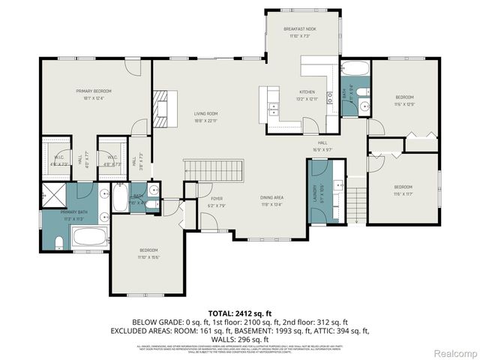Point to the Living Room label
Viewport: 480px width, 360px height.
pos(205,116)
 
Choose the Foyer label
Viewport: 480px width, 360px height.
pos(205,201)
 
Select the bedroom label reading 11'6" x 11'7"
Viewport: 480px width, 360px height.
pos(403,190)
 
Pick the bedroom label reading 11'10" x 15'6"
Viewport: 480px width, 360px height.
pos(147,253)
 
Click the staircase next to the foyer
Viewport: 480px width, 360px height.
pos(214,170)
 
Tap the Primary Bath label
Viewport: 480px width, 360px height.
pos(56,216)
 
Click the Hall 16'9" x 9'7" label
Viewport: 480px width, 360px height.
pos(322,145)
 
